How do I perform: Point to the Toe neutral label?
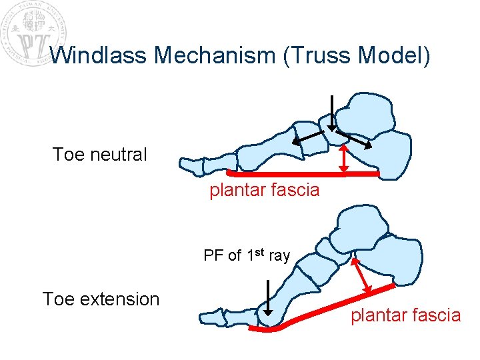click(99, 155)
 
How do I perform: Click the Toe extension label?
click(101, 299)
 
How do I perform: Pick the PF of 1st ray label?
click(247, 255)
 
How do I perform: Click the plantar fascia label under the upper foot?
click(265, 190)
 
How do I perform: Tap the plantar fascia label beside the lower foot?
click(405, 315)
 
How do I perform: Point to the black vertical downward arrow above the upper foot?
click(331, 113)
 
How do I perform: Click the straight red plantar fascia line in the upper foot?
click(300, 173)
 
